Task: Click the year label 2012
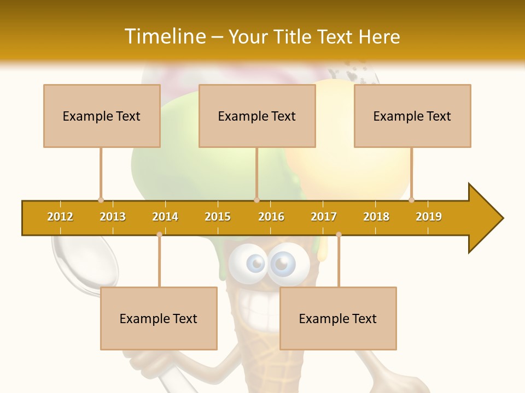coord(60,217)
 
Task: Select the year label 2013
coord(113,217)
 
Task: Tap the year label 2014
coord(165,217)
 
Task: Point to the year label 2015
coord(218,217)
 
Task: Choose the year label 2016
coord(271,217)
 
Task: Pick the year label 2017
coord(324,217)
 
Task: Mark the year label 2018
coord(376,217)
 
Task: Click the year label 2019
coord(429,217)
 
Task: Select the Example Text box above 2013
coord(102,116)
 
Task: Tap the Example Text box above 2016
coord(257,116)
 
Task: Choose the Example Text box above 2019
coord(412,116)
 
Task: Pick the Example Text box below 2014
coord(159,318)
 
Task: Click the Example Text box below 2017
coord(338,318)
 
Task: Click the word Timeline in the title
coord(164,37)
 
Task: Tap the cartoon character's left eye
coord(255,264)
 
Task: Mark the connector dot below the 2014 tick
coord(159,235)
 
